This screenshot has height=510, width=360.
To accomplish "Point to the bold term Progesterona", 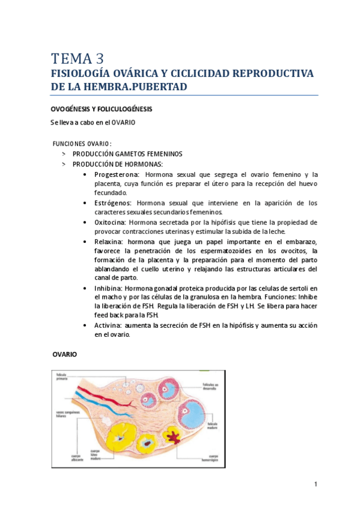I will click(114, 174).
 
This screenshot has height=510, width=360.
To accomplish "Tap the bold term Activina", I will click(108, 325).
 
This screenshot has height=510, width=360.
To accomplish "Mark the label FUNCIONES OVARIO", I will click(82, 144).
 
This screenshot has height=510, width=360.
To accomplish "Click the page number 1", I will click(315, 485).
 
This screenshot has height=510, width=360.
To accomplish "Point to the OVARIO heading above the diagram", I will click(64, 355).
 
